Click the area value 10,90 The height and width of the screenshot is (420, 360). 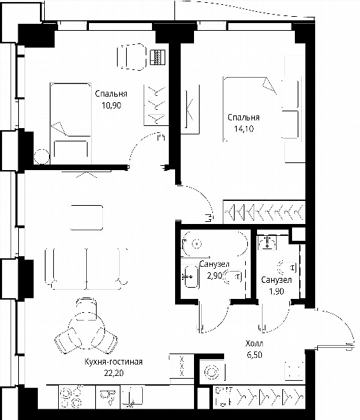pyautogui.click(x=111, y=105)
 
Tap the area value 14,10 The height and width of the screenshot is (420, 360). pyautogui.click(x=244, y=129)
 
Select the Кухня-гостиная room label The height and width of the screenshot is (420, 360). pyautogui.click(x=113, y=362)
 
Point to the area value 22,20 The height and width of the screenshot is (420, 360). pyautogui.click(x=113, y=373)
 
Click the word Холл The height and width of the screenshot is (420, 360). pyautogui.click(x=254, y=344)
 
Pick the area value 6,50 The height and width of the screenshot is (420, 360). pyautogui.click(x=254, y=355)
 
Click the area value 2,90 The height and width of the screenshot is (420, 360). pyautogui.click(x=214, y=275)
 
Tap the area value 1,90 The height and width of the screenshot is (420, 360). pyautogui.click(x=277, y=291)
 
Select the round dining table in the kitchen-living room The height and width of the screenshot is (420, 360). pyautogui.click(x=86, y=330)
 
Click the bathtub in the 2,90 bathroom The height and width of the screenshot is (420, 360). pyautogui.click(x=214, y=244)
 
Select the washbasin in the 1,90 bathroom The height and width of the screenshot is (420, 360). pyautogui.click(x=267, y=242)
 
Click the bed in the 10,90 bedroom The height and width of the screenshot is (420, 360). pyautogui.click(x=71, y=123)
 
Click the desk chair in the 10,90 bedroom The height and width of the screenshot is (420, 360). pyautogui.click(x=132, y=57)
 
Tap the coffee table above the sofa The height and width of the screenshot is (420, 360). pyautogui.click(x=86, y=218)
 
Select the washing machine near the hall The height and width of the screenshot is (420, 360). pyautogui.click(x=212, y=372)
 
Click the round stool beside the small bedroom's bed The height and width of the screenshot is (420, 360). pyautogui.click(x=42, y=156)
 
